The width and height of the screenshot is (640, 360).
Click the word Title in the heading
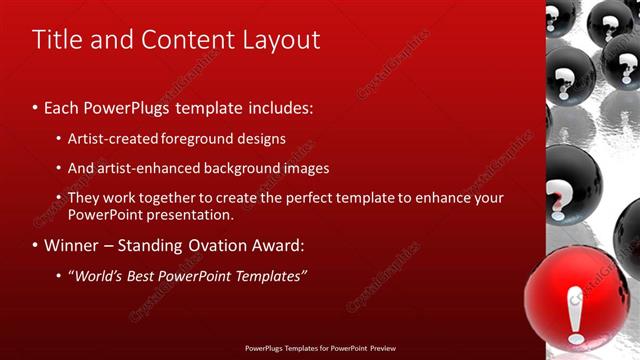coord(58,40)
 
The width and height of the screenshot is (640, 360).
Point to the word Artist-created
coord(113,138)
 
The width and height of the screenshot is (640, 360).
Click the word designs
coord(265,138)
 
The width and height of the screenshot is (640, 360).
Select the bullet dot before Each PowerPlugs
coord(36,106)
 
